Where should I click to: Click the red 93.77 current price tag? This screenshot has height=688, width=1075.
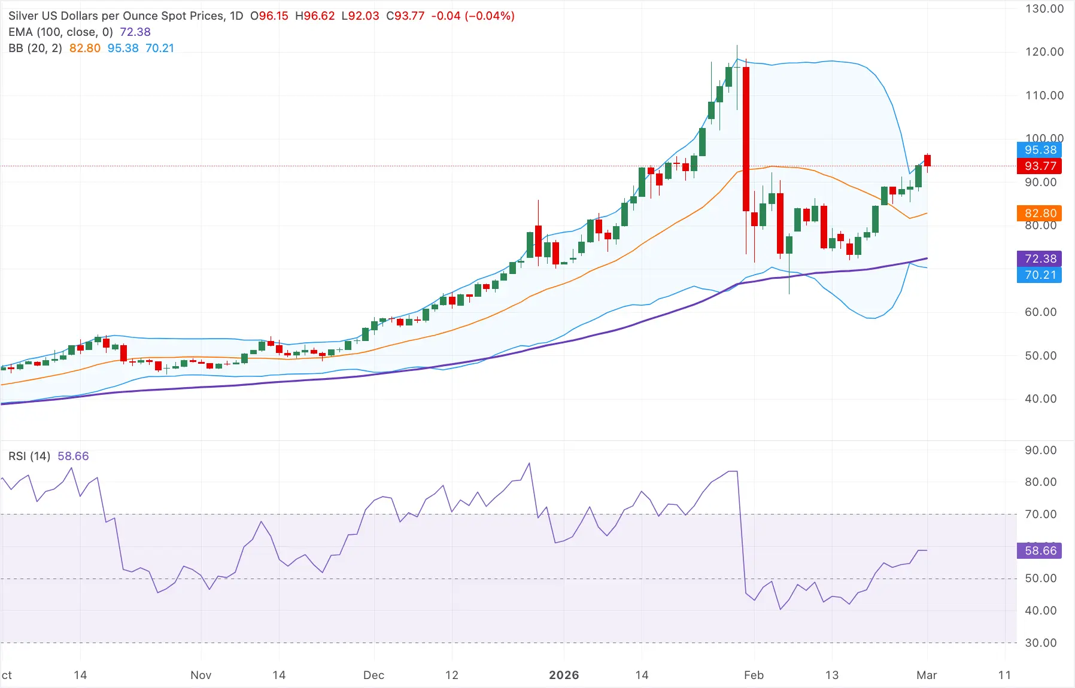click(x=1039, y=166)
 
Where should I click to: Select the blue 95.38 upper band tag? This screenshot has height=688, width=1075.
click(x=1039, y=150)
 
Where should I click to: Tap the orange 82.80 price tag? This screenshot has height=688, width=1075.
click(x=1039, y=214)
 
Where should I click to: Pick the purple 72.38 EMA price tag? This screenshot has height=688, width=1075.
click(x=1039, y=258)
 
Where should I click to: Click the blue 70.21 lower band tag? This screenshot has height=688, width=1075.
click(x=1039, y=275)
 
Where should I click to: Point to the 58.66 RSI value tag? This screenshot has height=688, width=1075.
click(x=1039, y=550)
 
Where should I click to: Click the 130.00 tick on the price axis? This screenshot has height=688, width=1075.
click(x=1044, y=9)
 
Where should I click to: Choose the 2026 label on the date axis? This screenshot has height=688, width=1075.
click(x=564, y=675)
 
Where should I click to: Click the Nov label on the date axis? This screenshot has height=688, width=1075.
click(x=201, y=675)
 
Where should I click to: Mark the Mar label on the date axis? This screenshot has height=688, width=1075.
click(x=927, y=675)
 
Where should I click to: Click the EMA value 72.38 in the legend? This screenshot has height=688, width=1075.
click(x=135, y=32)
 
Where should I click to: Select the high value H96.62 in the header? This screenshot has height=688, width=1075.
click(x=315, y=16)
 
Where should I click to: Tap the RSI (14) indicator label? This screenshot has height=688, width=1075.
click(x=29, y=456)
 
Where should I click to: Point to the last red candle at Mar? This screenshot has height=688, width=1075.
click(x=927, y=160)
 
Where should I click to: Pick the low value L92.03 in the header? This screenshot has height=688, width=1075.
click(x=360, y=16)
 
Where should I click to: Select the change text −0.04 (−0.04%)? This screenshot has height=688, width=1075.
click(x=473, y=16)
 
